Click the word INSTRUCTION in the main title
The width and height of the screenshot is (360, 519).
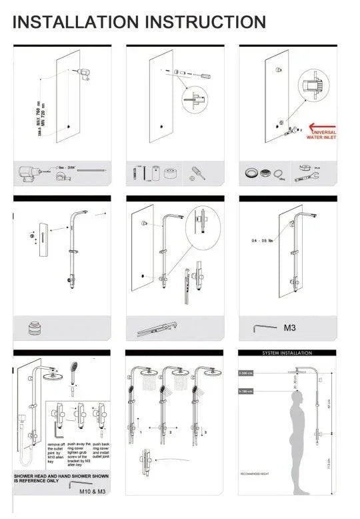[207, 21]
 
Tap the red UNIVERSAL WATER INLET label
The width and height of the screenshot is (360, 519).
[321, 135]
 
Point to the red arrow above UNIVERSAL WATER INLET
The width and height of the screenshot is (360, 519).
[322, 125]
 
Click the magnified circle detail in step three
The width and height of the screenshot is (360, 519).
[315, 86]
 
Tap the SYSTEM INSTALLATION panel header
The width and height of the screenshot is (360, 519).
[285, 352]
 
